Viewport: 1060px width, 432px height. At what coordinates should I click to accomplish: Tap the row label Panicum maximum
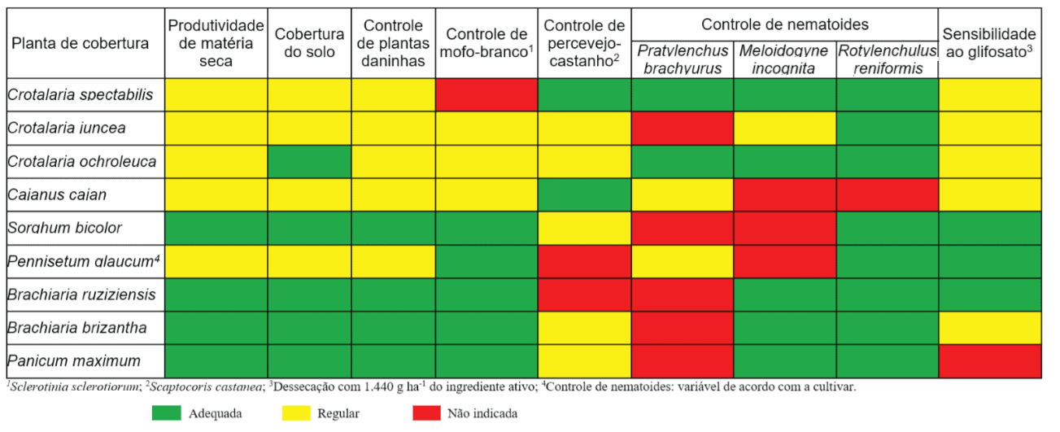pyautogui.click(x=73, y=360)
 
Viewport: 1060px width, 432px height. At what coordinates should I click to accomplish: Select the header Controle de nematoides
pyautogui.click(x=784, y=24)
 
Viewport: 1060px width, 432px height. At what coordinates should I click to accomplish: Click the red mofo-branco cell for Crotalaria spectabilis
pyautogui.click(x=486, y=95)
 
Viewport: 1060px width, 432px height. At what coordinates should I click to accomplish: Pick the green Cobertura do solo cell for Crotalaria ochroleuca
pyautogui.click(x=310, y=162)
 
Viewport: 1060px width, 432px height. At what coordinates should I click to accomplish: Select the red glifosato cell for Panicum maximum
pyautogui.click(x=989, y=360)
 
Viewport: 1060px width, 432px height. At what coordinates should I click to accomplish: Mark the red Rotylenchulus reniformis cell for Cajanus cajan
pyautogui.click(x=887, y=195)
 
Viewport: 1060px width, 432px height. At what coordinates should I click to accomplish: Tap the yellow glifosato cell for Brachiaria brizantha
pyautogui.click(x=989, y=328)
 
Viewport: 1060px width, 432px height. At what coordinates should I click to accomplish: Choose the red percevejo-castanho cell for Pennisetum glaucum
pyautogui.click(x=584, y=261)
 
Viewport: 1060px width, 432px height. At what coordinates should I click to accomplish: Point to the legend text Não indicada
pyautogui.click(x=482, y=413)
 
